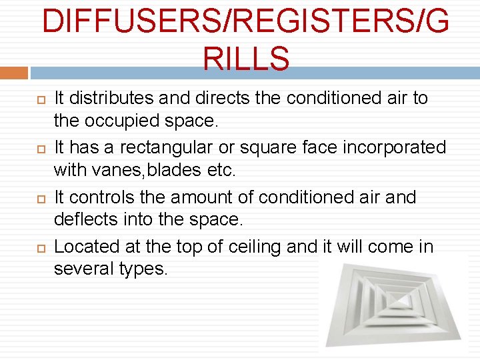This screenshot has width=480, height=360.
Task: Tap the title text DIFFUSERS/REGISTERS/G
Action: pos(245,23)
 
